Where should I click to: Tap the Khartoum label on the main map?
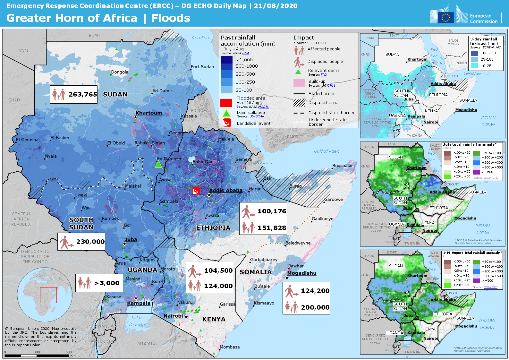click(x=149, y=113)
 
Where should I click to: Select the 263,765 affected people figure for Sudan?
click(x=83, y=94)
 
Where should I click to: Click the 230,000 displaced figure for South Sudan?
click(x=90, y=242)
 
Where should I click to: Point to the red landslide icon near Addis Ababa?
click(x=196, y=191)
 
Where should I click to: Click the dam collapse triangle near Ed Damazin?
click(x=158, y=164)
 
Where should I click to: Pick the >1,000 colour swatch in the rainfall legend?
click(x=226, y=60)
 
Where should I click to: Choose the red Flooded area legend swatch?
click(x=226, y=103)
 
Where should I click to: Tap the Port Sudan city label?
click(x=202, y=67)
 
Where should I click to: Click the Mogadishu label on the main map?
click(x=302, y=273)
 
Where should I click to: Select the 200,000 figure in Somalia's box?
click(x=315, y=307)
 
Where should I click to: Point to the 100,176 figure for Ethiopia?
click(x=272, y=211)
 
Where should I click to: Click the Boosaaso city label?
click(x=342, y=166)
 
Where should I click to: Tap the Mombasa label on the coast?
click(x=230, y=347)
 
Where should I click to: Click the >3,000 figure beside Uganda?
click(x=107, y=283)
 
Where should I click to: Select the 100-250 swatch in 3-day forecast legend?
click(x=474, y=53)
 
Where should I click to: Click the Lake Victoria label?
click(x=137, y=321)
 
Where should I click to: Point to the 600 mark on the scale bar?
click(x=69, y=352)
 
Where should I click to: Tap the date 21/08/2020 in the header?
click(x=276, y=6)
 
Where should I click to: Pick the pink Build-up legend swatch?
click(x=299, y=83)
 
